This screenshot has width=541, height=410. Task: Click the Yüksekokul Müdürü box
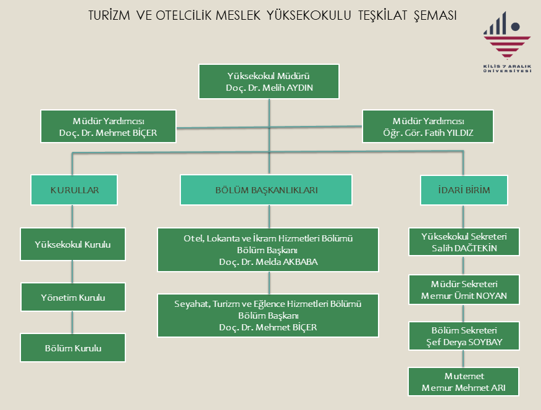coord(269,82)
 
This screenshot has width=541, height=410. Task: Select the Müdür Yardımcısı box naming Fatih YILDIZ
coord(428,127)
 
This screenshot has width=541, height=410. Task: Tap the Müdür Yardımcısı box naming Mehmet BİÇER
coord(108,127)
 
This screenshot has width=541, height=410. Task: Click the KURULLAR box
coord(74,190)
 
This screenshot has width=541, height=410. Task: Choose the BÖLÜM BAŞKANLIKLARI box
coord(267,190)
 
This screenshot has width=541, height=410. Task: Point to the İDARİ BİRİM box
coord(463,190)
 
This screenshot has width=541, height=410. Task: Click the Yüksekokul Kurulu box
coord(73,245)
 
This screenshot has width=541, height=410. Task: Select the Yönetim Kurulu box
coord(73,298)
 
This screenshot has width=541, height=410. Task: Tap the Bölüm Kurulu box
coord(73,348)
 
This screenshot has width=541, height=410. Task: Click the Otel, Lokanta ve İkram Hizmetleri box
coord(268,250)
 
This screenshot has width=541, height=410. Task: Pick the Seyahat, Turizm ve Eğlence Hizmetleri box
coord(268,316)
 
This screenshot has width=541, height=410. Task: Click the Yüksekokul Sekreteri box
coord(463,242)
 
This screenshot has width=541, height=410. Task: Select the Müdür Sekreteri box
coord(463,290)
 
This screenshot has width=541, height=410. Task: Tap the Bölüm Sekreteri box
coord(463,336)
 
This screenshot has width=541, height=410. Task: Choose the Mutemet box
coord(463,382)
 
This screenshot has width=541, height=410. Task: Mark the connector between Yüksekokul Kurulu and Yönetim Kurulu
coord(73,271)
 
